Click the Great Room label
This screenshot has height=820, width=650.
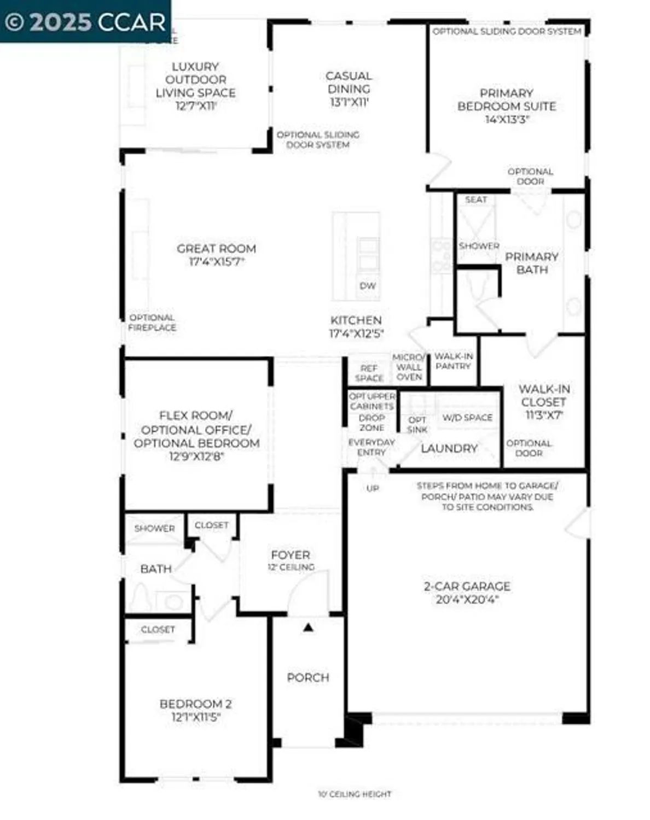tap(216, 249)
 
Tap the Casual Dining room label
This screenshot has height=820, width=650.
tap(349, 83)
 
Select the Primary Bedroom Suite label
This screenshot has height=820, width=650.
tap(507, 100)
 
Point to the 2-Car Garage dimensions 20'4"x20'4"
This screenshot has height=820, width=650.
tap(467, 600)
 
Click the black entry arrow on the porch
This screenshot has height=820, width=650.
tap(308, 628)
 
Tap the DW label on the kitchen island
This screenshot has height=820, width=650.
tap(368, 286)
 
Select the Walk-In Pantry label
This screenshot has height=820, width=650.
tap(454, 361)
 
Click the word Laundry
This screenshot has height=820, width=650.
tap(449, 448)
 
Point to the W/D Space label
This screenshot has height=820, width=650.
tap(467, 418)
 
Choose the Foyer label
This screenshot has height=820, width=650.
tap(291, 555)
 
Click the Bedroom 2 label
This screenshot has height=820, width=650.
tap(195, 704)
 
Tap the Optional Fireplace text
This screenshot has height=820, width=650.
tap(152, 323)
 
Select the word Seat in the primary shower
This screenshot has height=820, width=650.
tap(475, 200)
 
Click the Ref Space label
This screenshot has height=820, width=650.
tap(369, 373)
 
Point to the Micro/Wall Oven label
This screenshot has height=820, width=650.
tap(409, 367)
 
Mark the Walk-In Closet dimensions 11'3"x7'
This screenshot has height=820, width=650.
tap(544, 415)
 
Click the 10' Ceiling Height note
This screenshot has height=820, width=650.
tap(355, 794)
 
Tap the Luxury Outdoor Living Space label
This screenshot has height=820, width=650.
tap(195, 80)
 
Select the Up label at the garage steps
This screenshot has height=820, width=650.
tap(373, 488)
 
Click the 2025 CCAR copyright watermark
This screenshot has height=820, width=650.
tap(85, 22)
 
